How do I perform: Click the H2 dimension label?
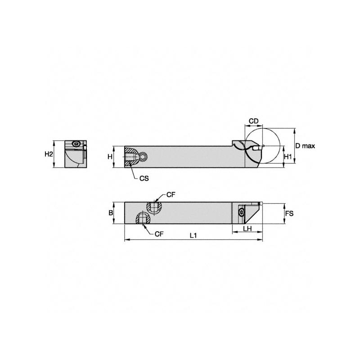coord(49,154)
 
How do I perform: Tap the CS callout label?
coord(144,178)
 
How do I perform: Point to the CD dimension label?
coord(254,121)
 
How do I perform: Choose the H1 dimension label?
coord(290,157)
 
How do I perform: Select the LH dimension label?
coord(247,229)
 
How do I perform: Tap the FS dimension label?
coord(290,213)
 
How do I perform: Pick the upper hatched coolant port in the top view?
coord(154,207)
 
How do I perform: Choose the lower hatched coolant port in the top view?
coord(142,219)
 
